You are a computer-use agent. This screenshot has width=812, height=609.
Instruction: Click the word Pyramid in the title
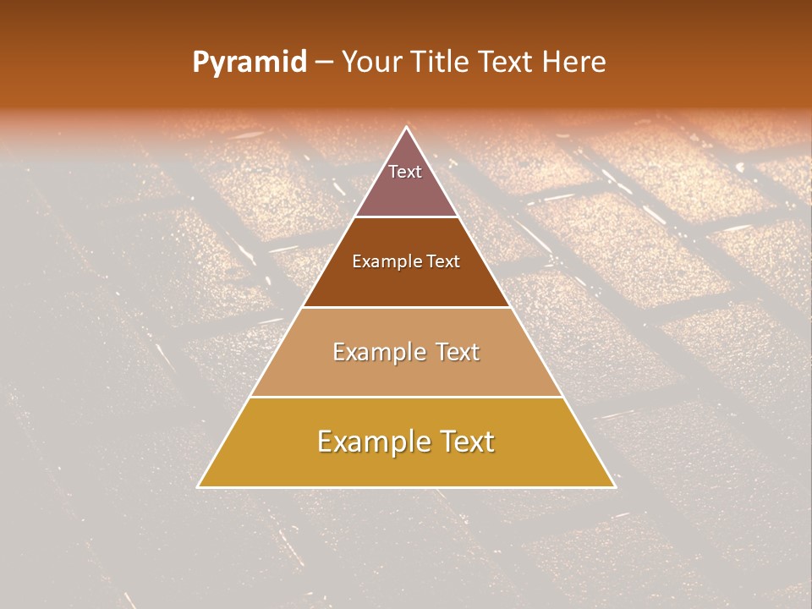(249, 63)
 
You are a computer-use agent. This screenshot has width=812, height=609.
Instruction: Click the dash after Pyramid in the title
(323, 63)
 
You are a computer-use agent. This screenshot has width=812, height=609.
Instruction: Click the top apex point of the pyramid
(406, 127)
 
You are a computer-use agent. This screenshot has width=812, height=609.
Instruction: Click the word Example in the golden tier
(368, 442)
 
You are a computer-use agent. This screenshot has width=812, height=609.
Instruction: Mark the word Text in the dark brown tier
(443, 261)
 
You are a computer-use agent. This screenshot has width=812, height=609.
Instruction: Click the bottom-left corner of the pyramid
(198, 487)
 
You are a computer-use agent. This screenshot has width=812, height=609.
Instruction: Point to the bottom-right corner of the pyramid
(615, 487)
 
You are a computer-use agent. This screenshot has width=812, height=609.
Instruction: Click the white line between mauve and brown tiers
(406, 217)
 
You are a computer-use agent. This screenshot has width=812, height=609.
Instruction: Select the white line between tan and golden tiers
(406, 397)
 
